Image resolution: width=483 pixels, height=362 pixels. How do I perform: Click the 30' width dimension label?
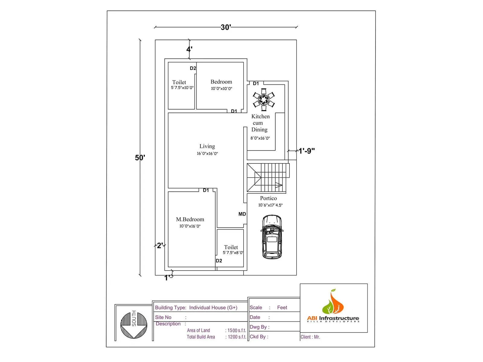pyautogui.click(x=226, y=27)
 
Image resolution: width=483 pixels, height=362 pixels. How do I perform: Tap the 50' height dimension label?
pyautogui.click(x=140, y=158)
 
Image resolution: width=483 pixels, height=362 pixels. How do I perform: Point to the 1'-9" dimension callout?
pyautogui.click(x=307, y=151)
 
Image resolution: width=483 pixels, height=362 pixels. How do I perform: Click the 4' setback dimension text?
pyautogui.click(x=189, y=49)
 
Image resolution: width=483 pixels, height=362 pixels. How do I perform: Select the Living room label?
pyautogui.click(x=207, y=146)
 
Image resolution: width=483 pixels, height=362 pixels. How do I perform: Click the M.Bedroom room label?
pyautogui.click(x=190, y=219)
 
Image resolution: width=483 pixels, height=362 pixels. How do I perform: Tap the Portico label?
pyautogui.click(x=268, y=198)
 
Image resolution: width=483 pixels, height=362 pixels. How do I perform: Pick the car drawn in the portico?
pyautogui.click(x=272, y=237)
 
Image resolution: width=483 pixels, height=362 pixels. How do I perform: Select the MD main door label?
pyautogui.click(x=242, y=214)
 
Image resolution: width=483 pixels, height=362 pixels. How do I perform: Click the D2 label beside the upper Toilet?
pyautogui.click(x=193, y=68)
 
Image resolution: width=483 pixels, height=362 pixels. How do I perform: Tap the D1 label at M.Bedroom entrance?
pyautogui.click(x=206, y=190)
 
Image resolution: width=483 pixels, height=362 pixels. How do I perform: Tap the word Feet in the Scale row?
pyautogui.click(x=282, y=307)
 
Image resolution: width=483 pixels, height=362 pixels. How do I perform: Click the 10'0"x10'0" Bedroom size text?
pyautogui.click(x=222, y=89)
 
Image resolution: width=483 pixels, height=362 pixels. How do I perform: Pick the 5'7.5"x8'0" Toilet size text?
pyautogui.click(x=233, y=253)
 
